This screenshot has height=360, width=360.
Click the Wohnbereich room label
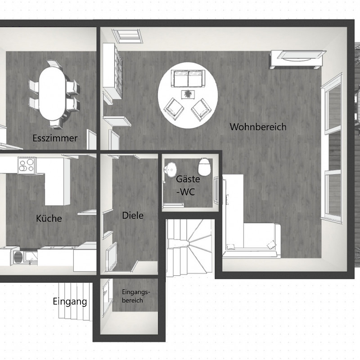pos(258,127)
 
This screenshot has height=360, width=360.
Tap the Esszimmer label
pos(55,138)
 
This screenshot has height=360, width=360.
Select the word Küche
pos(49,218)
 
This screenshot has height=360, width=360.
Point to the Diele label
pos(133,216)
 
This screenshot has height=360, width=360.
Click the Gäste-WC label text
pos(188,185)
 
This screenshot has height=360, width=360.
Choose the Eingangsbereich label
pos(136,296)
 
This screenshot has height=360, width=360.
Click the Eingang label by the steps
pos(70,301)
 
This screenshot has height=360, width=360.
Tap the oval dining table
pos(52,94)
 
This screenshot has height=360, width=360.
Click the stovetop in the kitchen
pos(27,165)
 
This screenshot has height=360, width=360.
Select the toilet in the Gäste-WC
pos(204,166)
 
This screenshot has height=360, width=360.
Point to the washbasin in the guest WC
pos(170,170)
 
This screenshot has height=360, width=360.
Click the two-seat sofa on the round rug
pos(188,78)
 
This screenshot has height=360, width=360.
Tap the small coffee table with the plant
pos(188,94)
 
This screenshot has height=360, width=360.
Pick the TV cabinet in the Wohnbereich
pos(298,59)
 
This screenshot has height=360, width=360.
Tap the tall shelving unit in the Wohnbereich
pos(112,71)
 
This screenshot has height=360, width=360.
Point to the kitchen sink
pos(31,258)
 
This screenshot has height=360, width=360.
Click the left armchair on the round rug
pos(174,109)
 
